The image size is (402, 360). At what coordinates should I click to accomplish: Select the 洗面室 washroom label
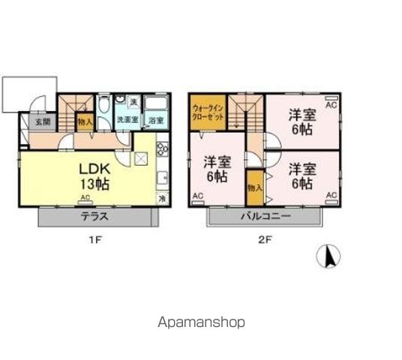pos(125,120)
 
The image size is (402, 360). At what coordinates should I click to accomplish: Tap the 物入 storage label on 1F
pos(85,120)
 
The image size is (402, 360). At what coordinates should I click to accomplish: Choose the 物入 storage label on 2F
pos(254,187)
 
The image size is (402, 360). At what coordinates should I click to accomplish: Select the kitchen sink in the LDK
pos(162,178)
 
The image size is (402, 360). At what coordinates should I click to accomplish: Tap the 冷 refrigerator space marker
pos(162,199)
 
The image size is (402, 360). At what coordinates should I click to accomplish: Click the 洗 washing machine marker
pos(133,101)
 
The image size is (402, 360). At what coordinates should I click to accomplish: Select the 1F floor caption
pos(95,241)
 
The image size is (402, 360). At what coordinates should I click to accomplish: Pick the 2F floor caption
pos(263,241)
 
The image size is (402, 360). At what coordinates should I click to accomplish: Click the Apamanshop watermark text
pos(201,322)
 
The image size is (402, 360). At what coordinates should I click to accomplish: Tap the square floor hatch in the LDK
pos(140,158)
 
